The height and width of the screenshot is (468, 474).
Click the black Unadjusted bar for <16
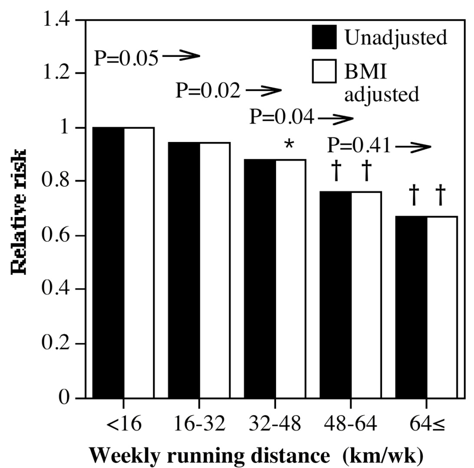coord(108,263)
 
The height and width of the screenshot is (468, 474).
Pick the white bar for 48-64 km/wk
coord(366,295)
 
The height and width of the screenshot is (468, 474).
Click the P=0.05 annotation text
coord(126,58)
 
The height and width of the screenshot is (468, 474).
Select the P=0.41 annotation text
coord(359,147)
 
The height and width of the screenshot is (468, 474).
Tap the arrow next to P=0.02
coord(263,91)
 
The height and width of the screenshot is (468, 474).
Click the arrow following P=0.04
coord(333,118)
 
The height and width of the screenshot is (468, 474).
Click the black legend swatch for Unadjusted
coord(324,37)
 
